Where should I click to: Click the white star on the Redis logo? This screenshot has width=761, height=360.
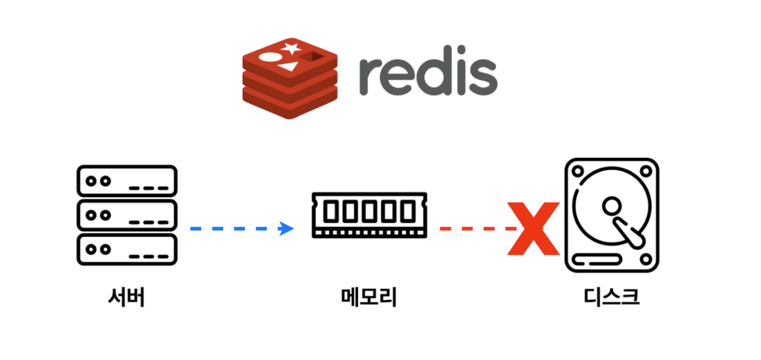[291, 48]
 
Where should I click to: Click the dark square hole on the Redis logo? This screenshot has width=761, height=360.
[313, 56]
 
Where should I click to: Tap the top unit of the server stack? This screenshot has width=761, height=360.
[127, 181]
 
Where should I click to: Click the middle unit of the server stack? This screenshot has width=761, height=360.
[127, 215]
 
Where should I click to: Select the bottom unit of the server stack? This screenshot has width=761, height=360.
[127, 249]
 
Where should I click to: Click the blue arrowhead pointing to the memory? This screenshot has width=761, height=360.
[287, 228]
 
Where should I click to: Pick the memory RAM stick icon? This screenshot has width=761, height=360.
[369, 215]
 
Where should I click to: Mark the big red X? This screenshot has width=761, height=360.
[533, 229]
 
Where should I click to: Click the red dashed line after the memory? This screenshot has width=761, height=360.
[475, 229]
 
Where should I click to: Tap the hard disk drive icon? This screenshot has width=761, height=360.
[612, 215]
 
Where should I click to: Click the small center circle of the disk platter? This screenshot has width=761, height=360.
[611, 206]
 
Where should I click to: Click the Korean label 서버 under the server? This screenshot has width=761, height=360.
[126, 297]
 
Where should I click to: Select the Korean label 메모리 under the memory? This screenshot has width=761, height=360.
[369, 297]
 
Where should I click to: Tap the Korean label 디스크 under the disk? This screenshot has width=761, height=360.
[611, 297]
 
